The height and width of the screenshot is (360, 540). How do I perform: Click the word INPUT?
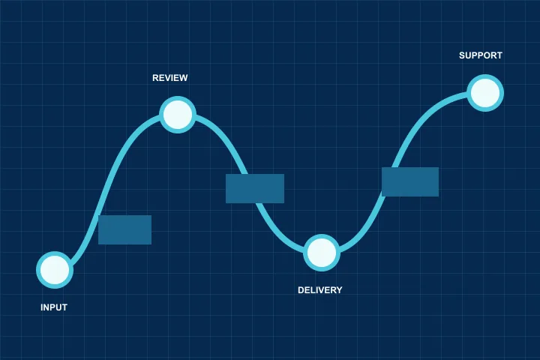pos(54,307)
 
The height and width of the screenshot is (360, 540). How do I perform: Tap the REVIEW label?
pos(169,78)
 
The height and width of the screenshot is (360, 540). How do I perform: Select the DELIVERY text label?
pos(320,290)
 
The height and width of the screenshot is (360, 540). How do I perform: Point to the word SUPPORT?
pos(481,55)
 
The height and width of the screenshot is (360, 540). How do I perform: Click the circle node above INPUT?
pos(55,270)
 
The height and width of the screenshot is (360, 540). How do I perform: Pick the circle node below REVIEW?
pos(178,115)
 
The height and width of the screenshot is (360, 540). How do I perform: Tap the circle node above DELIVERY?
pos(322,253)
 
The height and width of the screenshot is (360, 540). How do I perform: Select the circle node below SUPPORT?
pos(485,93)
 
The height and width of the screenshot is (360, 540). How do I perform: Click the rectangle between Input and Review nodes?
pos(124,229)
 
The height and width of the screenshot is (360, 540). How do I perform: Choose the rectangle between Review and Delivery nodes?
pos(255,188)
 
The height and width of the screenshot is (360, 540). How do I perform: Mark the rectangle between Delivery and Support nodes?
pos(410,182)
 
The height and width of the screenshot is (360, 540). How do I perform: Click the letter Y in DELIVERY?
pos(340,290)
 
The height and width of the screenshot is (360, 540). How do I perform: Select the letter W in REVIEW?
pos(183,78)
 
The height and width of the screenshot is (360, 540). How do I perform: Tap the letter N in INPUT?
pos(46,307)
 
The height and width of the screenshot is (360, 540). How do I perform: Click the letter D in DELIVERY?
pos(301,290)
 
